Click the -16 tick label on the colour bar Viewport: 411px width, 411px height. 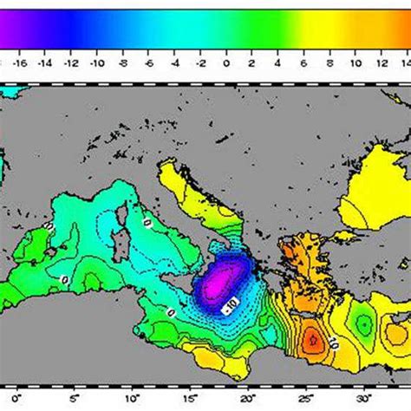[21, 62]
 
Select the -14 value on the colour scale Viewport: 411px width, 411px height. [47, 62]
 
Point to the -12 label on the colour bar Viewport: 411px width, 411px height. [73, 62]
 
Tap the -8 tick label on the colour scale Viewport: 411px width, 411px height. [124, 62]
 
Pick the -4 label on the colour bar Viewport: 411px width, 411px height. [175, 62]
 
